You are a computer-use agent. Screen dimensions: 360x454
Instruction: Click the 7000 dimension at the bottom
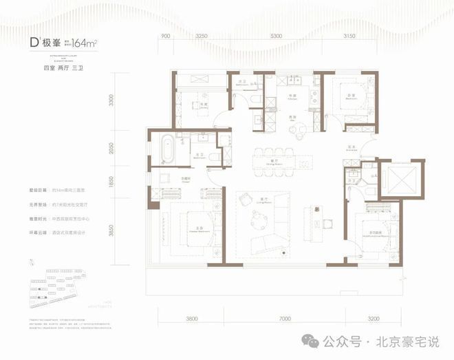(287, 318)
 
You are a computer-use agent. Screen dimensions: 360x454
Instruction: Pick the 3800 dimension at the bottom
(191, 318)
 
